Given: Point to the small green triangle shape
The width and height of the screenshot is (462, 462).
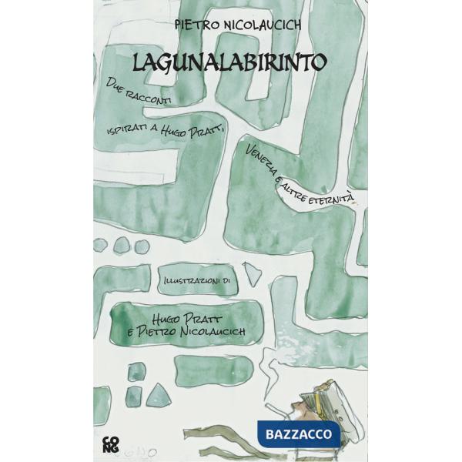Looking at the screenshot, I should [159, 395].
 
